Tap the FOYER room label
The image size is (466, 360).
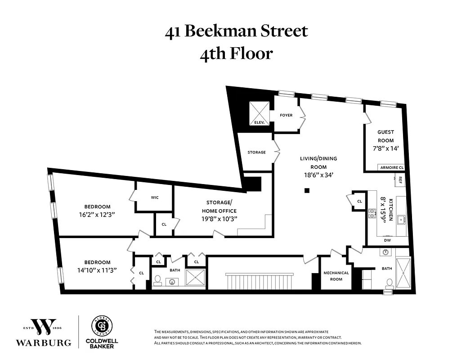(x=286, y=115)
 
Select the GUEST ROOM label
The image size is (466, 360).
(x=385, y=136)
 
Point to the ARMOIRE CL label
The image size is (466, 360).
(x=392, y=167)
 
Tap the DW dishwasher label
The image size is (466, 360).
(x=387, y=240)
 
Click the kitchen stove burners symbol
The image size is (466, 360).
(x=372, y=213)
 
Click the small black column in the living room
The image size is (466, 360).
(x=307, y=190)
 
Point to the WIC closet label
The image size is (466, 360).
(x=154, y=197)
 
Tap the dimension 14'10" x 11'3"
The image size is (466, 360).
(x=97, y=270)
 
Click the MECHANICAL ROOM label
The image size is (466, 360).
(x=336, y=276)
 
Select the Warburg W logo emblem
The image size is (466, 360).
(x=44, y=327)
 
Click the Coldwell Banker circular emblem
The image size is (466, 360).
(x=102, y=325)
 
